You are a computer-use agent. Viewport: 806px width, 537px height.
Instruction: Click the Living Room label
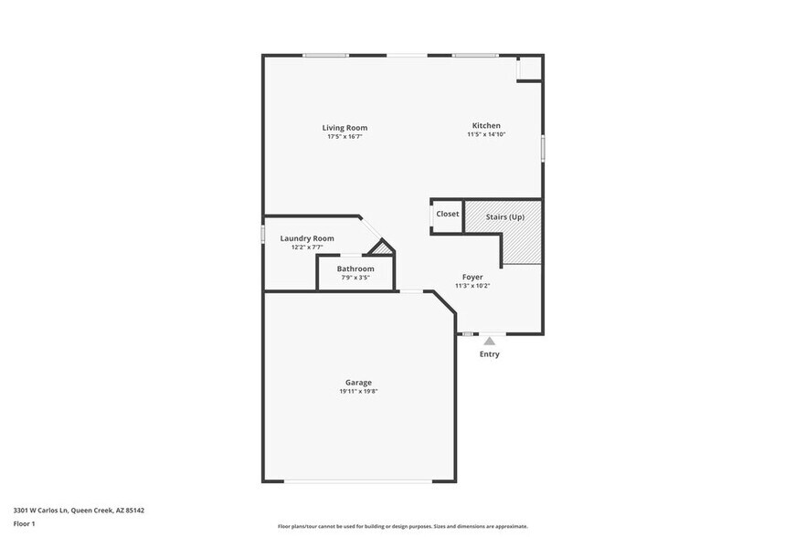point(345,128)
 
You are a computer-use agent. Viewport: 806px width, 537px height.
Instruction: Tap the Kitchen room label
point(485,126)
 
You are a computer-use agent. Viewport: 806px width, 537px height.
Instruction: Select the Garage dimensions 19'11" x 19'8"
point(358,392)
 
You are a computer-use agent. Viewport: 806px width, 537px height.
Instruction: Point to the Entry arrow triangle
point(489,341)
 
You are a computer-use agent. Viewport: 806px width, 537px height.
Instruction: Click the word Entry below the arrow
point(489,354)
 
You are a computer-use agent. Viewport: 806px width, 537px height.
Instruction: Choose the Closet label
point(448,214)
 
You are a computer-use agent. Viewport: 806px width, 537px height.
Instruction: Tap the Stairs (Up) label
point(504,216)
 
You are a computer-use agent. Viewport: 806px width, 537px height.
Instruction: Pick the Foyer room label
point(472,277)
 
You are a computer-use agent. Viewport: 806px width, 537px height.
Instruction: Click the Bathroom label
point(355,268)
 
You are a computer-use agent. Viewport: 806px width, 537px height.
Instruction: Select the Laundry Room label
point(307,238)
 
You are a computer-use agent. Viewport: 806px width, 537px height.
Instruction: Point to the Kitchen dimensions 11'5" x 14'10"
point(486,135)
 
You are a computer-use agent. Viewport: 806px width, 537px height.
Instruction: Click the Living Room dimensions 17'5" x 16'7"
point(345,137)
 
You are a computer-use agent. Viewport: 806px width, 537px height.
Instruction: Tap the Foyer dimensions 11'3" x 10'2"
point(472,286)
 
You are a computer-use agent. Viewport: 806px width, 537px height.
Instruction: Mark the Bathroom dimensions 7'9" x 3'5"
point(355,278)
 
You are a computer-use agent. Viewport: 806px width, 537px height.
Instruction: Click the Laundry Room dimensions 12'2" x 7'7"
point(307,247)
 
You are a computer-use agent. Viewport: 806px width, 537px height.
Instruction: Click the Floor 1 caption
point(24,523)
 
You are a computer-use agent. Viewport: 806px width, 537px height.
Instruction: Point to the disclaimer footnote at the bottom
point(402,526)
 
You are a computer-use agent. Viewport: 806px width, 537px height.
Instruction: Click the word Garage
point(358,383)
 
